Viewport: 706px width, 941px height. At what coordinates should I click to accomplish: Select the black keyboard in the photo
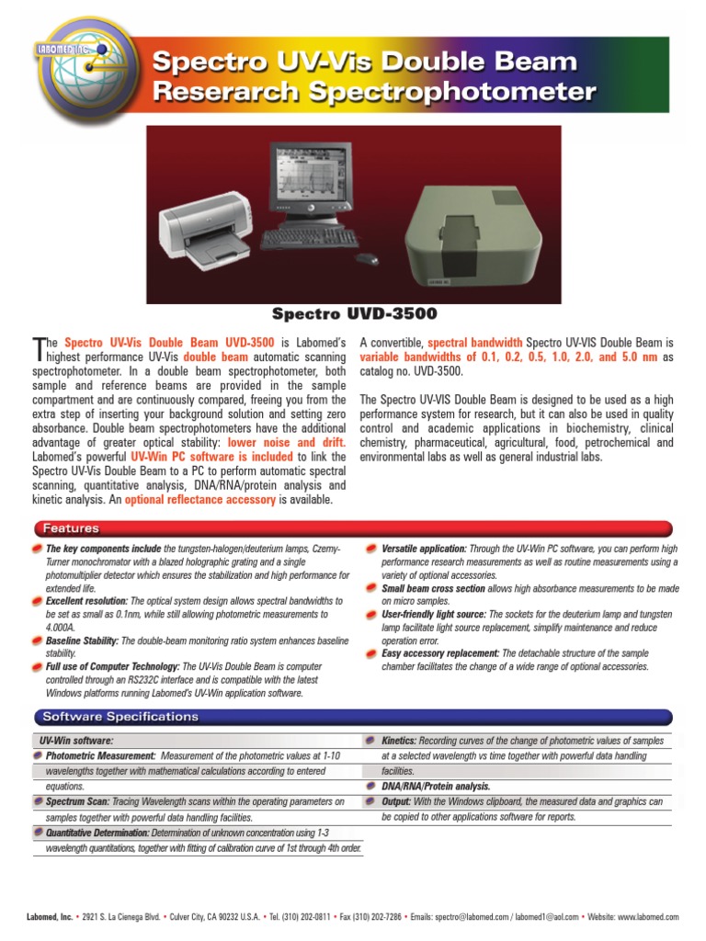[310, 238]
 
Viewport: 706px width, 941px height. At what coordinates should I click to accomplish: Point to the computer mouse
[367, 258]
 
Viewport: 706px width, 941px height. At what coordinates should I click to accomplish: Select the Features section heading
[70, 528]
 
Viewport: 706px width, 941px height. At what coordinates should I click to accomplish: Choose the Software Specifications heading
[120, 717]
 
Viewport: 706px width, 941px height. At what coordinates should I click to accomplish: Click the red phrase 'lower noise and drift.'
[286, 443]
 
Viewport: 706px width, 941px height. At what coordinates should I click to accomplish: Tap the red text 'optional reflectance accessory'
[199, 500]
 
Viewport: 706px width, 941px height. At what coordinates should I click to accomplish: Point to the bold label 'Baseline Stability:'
[82, 641]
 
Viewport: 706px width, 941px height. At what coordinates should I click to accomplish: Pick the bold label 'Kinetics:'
[399, 741]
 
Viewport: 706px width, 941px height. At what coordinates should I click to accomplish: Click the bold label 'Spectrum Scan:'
[77, 802]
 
